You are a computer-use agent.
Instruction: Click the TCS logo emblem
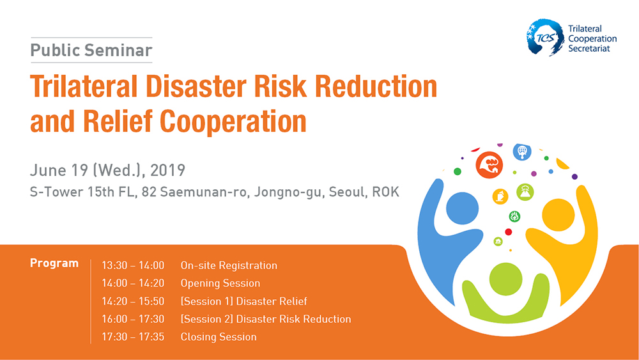(x=545, y=37)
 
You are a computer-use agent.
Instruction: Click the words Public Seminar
(x=91, y=50)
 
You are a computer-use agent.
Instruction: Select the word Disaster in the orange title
(x=196, y=86)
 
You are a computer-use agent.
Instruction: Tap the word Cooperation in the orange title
(x=233, y=121)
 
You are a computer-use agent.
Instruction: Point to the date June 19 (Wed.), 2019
(x=107, y=170)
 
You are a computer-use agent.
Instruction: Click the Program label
(x=54, y=263)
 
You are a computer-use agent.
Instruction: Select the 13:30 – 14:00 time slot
(x=133, y=265)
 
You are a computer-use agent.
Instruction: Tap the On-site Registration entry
(x=229, y=265)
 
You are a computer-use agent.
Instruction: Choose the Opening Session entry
(x=220, y=283)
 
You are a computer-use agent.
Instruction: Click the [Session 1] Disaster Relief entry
(x=243, y=301)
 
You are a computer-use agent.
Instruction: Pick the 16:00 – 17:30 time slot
(x=133, y=319)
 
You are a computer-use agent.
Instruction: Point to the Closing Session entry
(x=219, y=337)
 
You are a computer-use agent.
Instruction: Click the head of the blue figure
(x=462, y=208)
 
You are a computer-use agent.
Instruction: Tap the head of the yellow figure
(x=558, y=215)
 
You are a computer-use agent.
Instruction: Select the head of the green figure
(x=505, y=279)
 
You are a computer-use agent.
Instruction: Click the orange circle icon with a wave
(x=489, y=165)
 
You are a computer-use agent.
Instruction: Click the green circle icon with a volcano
(x=525, y=192)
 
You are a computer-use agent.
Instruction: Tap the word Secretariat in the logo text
(x=589, y=49)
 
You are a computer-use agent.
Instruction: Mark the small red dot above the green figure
(x=508, y=232)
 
